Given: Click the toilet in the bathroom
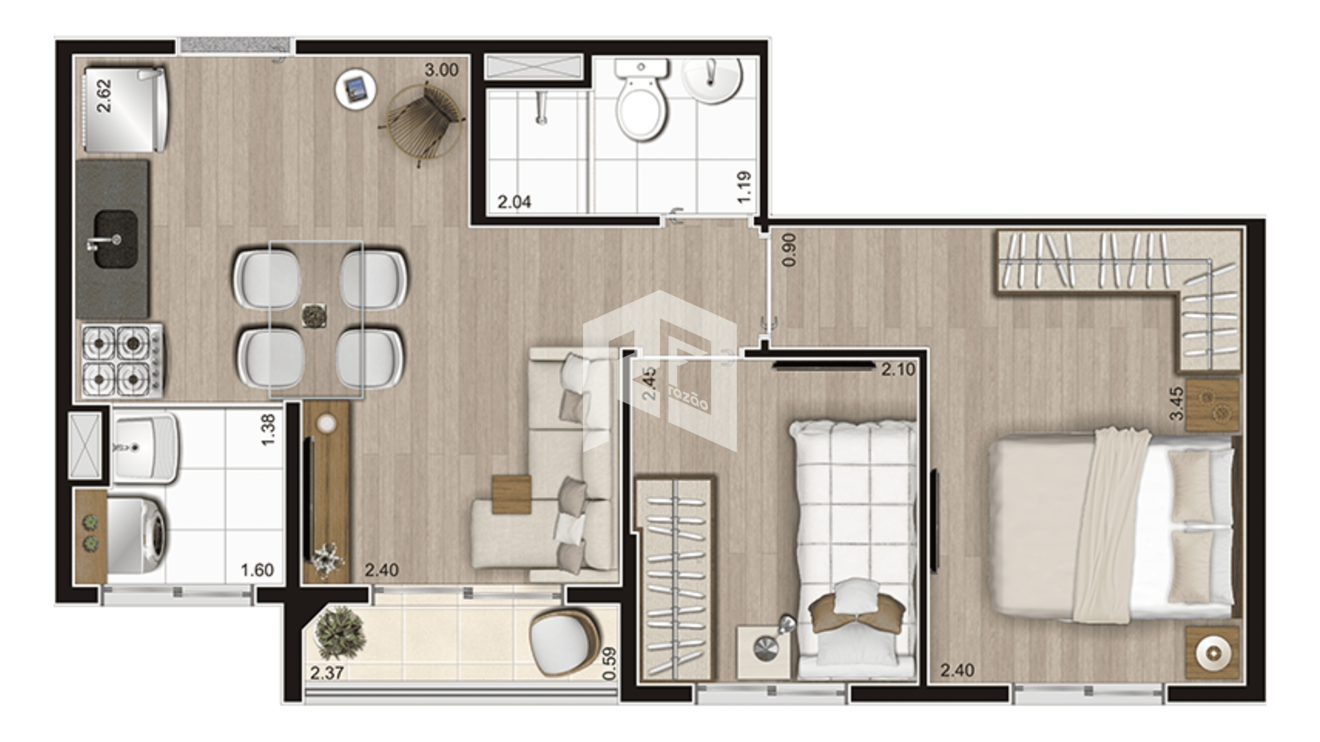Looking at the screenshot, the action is [641, 100].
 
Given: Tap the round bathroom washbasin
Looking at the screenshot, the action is [712, 80].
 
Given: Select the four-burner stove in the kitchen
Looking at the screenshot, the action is [122, 361].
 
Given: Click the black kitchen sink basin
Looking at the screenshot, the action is [115, 239].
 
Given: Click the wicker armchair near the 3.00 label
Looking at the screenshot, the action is [423, 122].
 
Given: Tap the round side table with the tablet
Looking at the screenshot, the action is [356, 89].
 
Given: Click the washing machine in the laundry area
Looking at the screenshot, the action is [136, 535].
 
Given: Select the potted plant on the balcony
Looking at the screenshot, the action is [338, 633].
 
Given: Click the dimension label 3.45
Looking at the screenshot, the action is [1176, 403].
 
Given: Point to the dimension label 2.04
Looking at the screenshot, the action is [514, 202].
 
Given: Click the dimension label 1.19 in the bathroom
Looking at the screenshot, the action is [744, 187].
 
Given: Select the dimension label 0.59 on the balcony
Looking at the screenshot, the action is [608, 664].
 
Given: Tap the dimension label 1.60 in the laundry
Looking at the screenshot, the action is [257, 570].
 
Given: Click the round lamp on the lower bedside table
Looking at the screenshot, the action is [1213, 653].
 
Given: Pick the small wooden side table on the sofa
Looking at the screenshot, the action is [511, 495].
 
